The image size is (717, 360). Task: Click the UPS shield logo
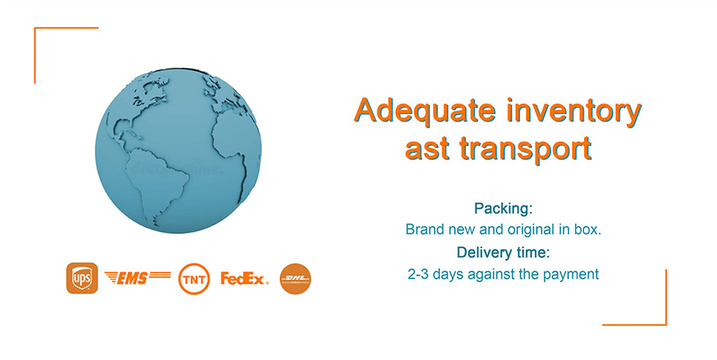[x=82, y=278]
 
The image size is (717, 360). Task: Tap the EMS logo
[x=138, y=277]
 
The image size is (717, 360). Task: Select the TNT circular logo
[x=194, y=279]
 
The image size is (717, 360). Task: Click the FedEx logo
[x=245, y=278]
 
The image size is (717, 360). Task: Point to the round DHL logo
[x=296, y=279]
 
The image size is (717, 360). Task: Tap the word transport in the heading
[x=526, y=148]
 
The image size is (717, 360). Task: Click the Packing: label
[x=503, y=209]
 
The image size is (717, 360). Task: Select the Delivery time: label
[x=503, y=252]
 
